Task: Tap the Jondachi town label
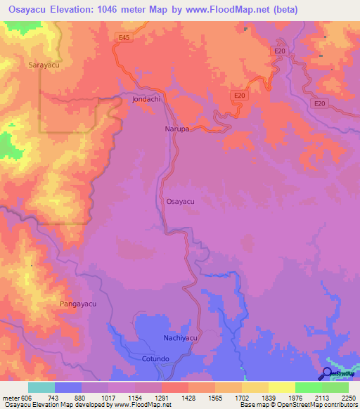146,99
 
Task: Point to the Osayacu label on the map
180,201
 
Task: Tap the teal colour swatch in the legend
41,387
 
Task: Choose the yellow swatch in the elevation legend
281,387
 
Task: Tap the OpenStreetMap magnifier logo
327,374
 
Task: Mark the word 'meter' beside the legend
10,398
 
